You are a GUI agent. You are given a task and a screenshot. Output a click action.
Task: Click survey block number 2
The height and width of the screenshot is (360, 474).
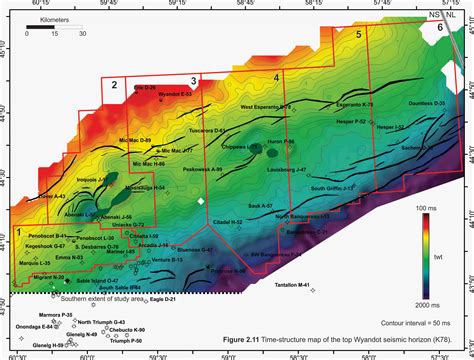[x=116, y=86]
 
